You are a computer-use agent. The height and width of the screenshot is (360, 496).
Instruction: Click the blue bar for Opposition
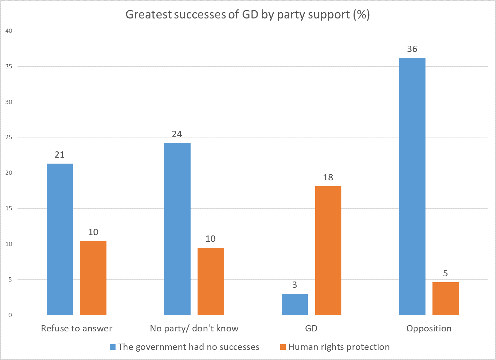tap(412, 187)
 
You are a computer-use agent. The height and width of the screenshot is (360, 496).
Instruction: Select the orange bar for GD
tap(328, 251)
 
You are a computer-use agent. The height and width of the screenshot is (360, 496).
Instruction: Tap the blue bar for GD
tap(295, 305)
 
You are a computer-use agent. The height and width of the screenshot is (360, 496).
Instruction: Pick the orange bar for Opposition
tap(445, 299)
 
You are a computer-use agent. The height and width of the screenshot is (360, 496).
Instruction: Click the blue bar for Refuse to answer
tap(60, 239)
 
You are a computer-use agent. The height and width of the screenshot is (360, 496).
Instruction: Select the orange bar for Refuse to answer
tap(93, 278)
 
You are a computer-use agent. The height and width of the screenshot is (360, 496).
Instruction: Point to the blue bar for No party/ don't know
tap(177, 229)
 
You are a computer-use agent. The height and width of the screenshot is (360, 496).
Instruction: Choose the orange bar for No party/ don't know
tap(211, 282)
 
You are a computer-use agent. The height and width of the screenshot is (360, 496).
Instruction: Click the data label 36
tap(412, 49)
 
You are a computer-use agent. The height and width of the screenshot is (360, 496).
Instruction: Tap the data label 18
tap(328, 178)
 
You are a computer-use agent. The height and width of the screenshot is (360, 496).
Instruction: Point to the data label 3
tap(295, 285)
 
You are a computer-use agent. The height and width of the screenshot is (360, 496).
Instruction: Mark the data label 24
tap(177, 134)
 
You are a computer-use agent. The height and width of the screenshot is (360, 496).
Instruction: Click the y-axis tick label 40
tap(8, 31)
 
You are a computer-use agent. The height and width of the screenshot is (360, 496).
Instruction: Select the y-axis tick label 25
tap(8, 137)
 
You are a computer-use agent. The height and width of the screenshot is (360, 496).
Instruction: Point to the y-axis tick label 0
tap(10, 315)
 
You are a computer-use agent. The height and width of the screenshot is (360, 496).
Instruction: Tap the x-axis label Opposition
tap(429, 329)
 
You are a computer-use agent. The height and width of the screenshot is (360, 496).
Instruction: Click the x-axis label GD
tap(311, 329)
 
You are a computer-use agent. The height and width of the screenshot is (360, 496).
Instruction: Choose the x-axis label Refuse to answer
tap(77, 329)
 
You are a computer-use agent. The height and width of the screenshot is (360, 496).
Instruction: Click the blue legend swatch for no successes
tap(112, 347)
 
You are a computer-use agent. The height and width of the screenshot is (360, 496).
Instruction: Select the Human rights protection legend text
tap(339, 347)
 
